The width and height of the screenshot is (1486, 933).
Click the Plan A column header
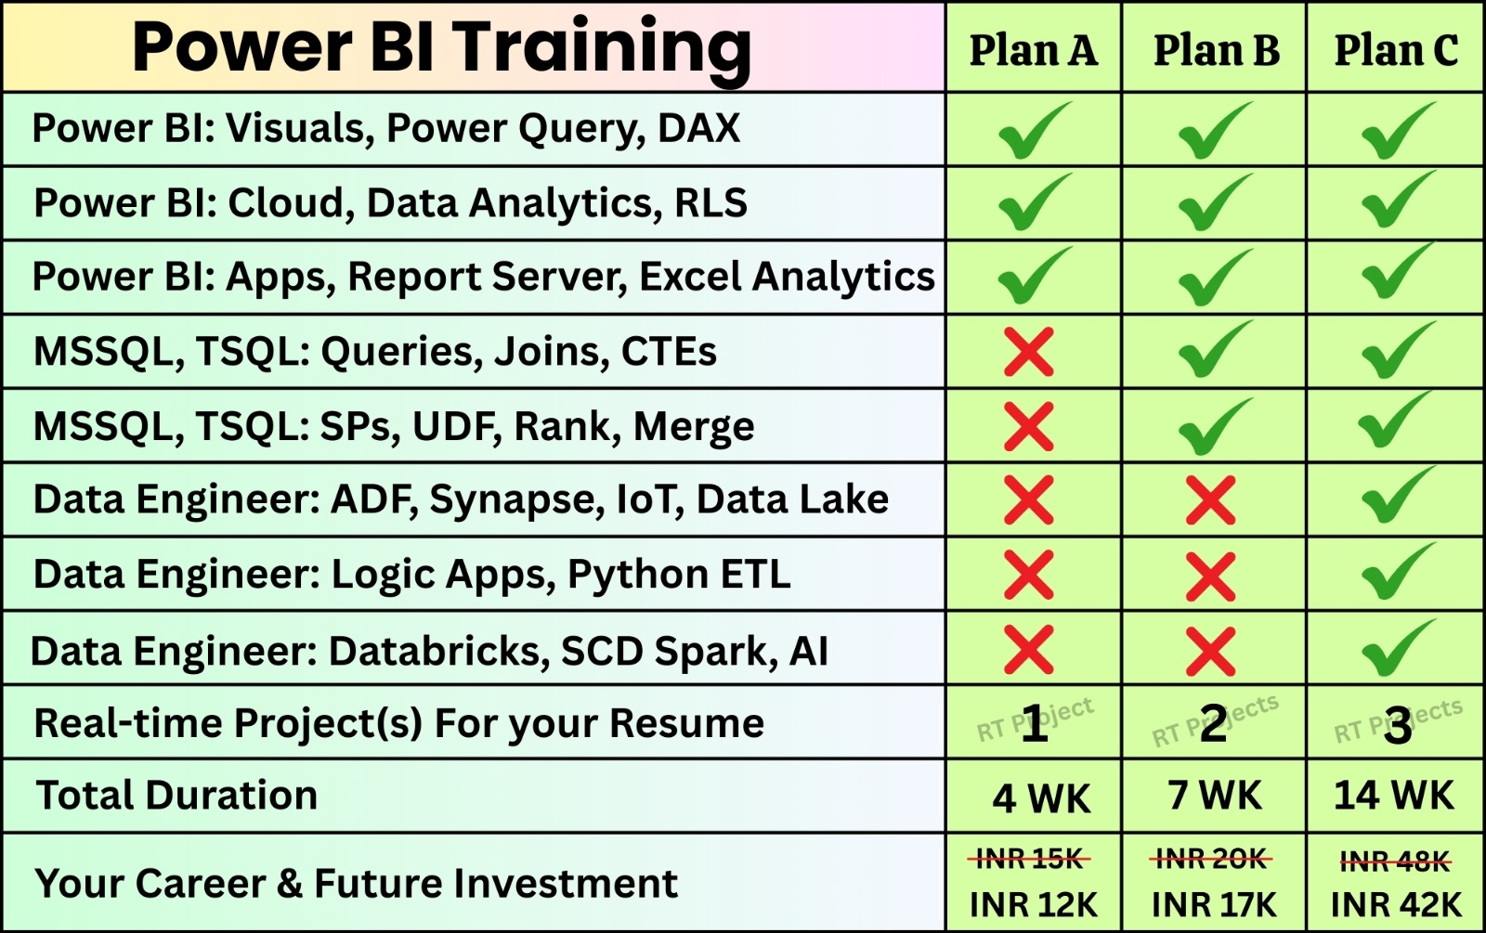pos(1033,50)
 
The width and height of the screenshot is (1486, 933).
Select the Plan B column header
pos(1216,50)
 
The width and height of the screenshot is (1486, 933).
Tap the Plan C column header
pos(1397,50)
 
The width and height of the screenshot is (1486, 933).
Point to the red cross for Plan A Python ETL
pos(1028,575)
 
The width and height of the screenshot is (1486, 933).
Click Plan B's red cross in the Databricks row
pos(1211,651)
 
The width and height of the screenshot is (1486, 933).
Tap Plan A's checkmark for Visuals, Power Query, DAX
pos(1035,130)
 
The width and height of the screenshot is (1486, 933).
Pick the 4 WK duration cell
pos(1041,797)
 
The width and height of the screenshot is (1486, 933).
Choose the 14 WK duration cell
pos(1394,795)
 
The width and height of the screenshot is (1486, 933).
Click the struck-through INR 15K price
pos(1029,860)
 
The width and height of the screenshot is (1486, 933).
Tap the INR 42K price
pos(1396,904)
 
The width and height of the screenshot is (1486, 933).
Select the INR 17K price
pos(1214,904)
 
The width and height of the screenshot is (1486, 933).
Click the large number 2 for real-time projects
pos(1213,723)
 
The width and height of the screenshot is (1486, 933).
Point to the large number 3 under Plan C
pos(1398,725)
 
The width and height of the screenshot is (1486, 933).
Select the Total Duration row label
pos(176,795)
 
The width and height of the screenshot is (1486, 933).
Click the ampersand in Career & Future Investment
pos(289,883)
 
